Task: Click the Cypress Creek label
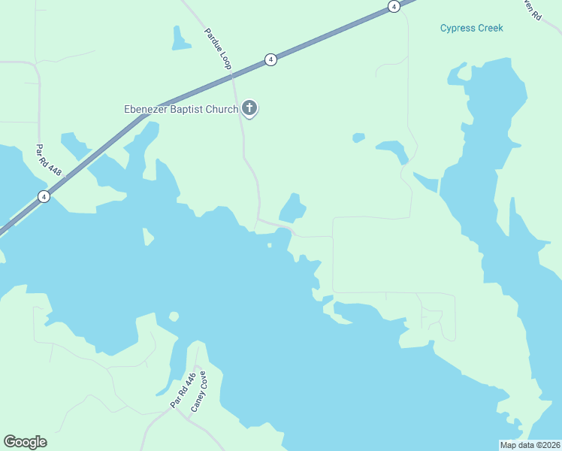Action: (x=471, y=29)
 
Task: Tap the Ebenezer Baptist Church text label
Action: (x=181, y=110)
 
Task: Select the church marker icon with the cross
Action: (x=249, y=109)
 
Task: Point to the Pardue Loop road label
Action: (x=217, y=50)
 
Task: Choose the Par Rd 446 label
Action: (x=183, y=391)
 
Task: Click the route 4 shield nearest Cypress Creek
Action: (x=394, y=6)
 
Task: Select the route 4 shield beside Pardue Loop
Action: (x=270, y=59)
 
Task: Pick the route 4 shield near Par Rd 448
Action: (x=44, y=197)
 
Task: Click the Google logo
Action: (x=25, y=442)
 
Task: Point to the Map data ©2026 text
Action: (x=530, y=445)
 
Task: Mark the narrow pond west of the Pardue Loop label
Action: (x=180, y=39)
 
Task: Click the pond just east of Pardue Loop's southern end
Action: (x=292, y=208)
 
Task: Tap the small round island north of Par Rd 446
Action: (x=174, y=316)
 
